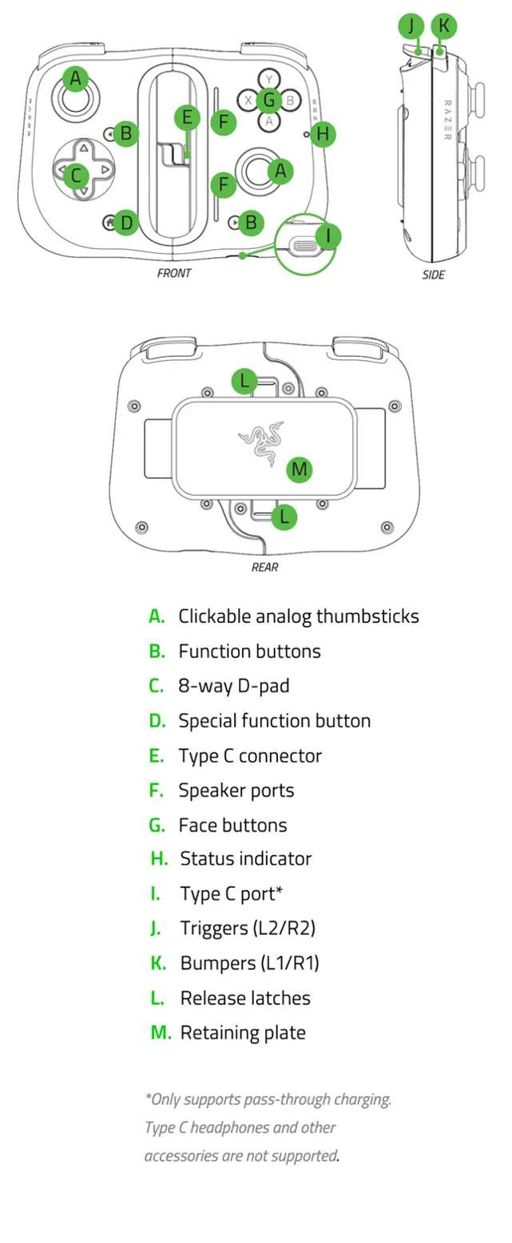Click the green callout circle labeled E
187,118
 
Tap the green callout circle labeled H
322,134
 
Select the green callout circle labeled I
328,236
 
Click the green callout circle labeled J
412,26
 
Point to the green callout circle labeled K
444,26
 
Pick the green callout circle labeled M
299,469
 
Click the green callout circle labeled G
269,100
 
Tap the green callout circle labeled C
76,175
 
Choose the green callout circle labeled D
126,222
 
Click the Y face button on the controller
269,79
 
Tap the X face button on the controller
248,101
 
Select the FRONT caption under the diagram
174,273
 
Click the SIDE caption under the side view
434,275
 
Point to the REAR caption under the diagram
264,568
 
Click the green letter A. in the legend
157,616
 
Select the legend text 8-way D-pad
234,686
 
